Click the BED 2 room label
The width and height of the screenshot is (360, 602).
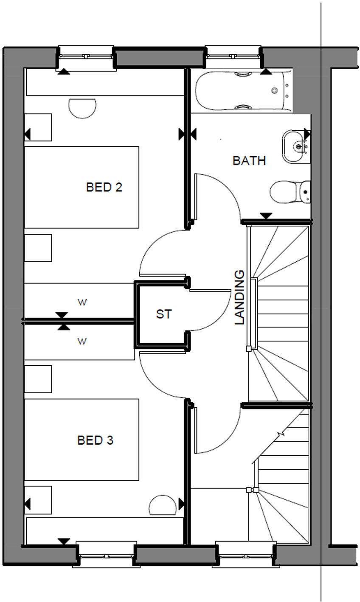pos(104,187)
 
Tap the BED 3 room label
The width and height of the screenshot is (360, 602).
pos(95,440)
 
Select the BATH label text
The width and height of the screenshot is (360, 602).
pos(249,161)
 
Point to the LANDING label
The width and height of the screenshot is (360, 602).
pos(240,297)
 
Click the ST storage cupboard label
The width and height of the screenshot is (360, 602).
pos(164,314)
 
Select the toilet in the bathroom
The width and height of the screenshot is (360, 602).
pos(291,192)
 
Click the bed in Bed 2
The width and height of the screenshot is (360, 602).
pos(82,187)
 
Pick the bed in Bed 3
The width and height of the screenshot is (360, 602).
pos(82,440)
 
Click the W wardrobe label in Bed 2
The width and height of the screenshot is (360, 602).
pos(82,302)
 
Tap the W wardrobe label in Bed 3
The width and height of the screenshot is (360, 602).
pos(82,341)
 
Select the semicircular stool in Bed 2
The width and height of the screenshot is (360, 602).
pos(82,108)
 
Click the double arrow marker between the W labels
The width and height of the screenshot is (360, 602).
pos(62,321)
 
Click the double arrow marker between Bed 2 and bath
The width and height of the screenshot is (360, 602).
pos(187,134)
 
